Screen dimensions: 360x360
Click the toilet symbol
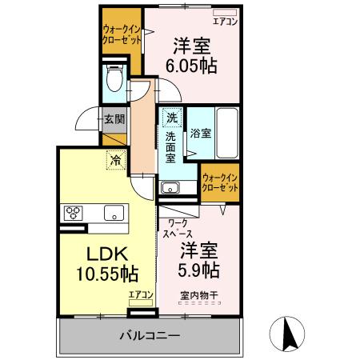[114, 80]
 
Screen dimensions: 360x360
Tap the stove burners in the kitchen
[73, 213]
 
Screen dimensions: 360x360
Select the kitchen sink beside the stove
[113, 213]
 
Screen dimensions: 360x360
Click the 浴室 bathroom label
[200, 134]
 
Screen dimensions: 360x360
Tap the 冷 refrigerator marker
[116, 158]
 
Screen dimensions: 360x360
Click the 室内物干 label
[198, 294]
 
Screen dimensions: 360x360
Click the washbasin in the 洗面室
[170, 189]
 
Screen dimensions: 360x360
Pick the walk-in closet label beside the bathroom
[220, 182]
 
